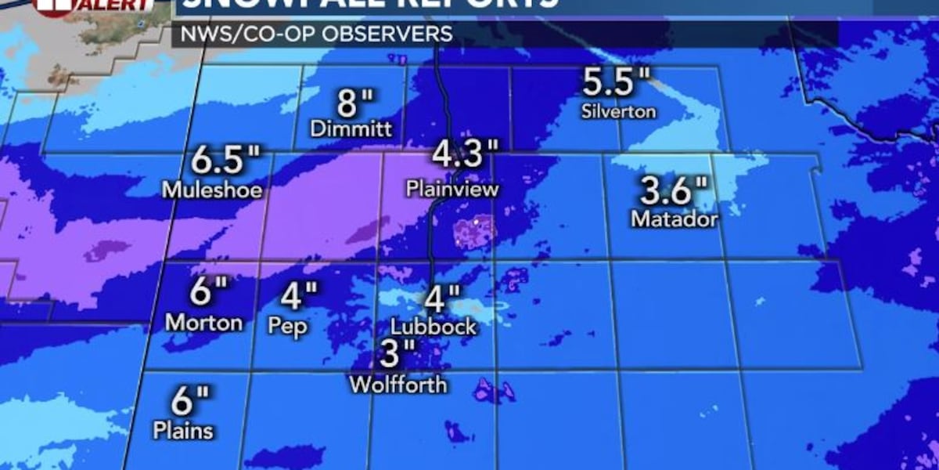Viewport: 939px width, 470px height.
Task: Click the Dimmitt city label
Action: [351, 129]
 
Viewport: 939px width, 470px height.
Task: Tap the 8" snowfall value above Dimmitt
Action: [355, 103]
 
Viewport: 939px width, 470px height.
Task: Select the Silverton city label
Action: [618, 111]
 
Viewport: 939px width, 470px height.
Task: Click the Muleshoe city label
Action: [212, 190]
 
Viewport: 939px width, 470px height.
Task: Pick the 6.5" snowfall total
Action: [225, 162]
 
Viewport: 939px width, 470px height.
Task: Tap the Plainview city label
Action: [452, 189]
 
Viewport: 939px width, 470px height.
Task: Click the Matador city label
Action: [675, 219]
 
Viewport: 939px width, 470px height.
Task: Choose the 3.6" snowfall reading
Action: [675, 191]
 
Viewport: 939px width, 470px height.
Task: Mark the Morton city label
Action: [204, 322]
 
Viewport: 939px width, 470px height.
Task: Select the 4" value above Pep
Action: [299, 296]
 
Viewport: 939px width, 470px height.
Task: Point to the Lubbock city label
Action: [434, 326]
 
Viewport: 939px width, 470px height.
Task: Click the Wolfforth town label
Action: [398, 385]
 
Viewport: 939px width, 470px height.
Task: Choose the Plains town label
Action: [183, 431]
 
